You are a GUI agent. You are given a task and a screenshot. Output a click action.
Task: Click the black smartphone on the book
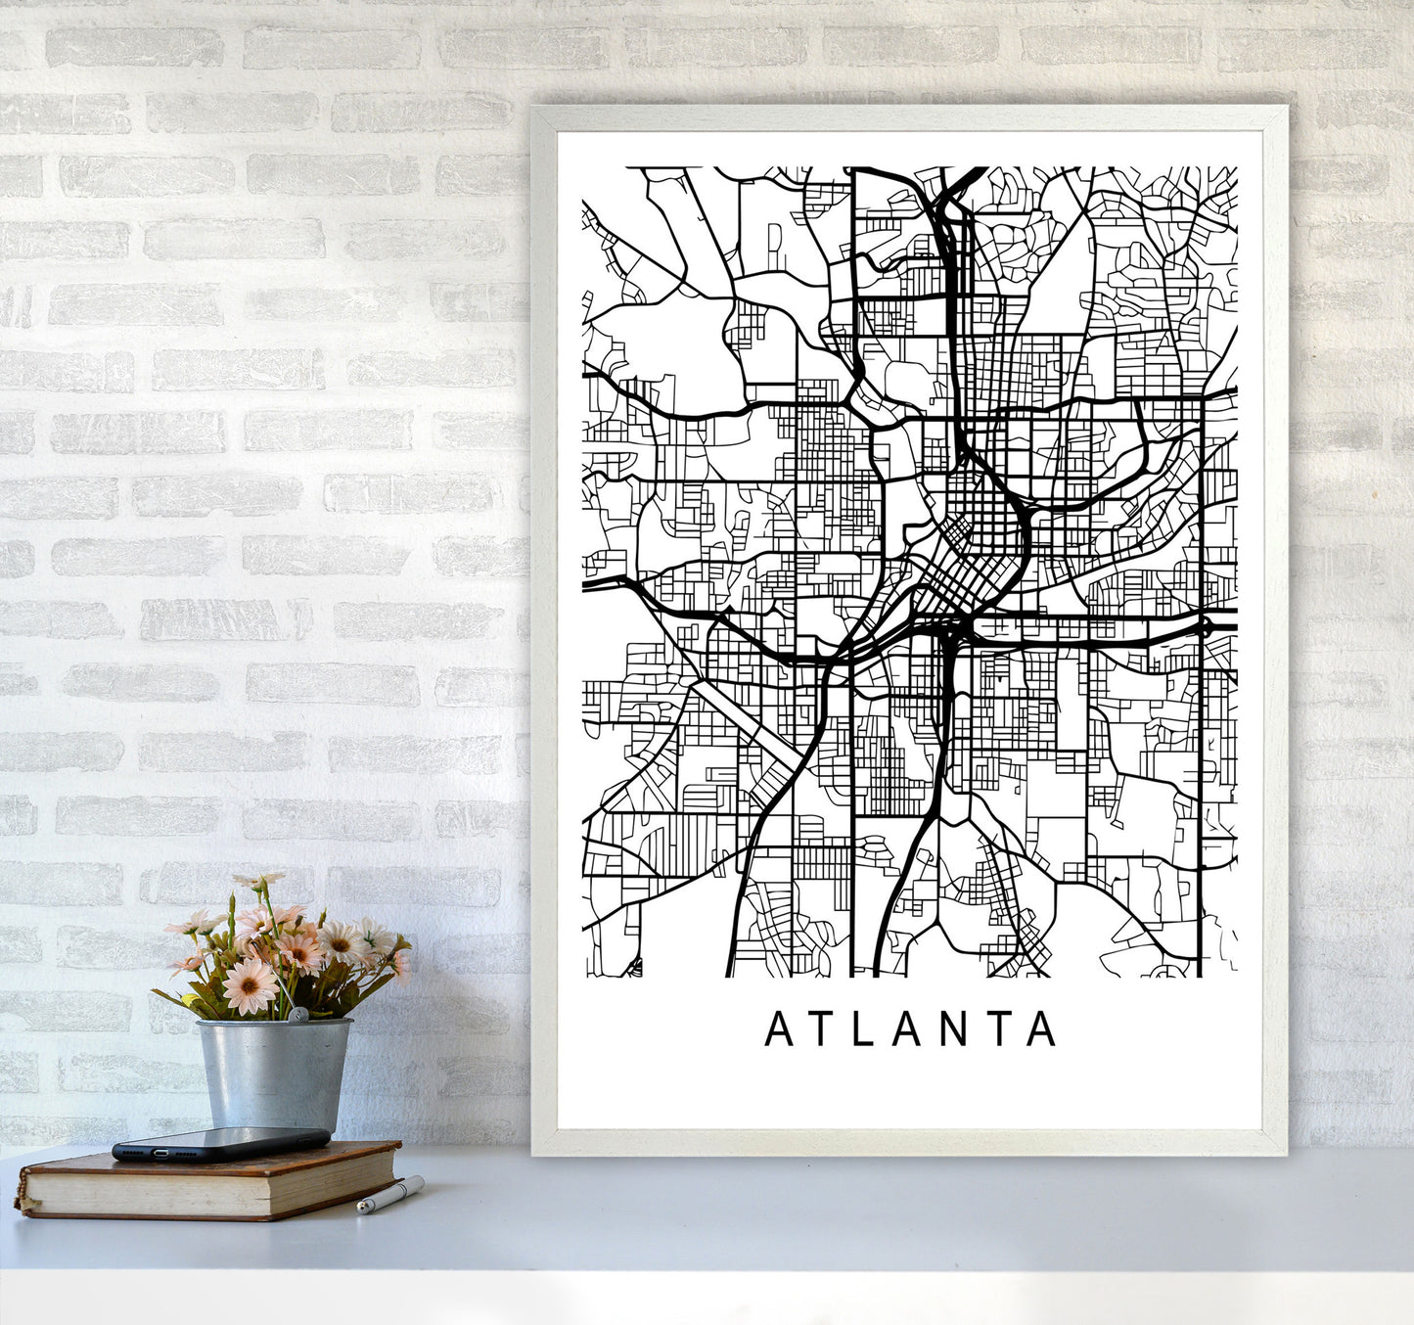coord(220,1143)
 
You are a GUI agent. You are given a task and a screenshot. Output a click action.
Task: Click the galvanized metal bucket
coord(273,1073)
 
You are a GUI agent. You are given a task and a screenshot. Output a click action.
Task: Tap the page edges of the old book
coord(215,1190)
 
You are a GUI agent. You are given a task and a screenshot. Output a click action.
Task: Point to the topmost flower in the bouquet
coord(253,882)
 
